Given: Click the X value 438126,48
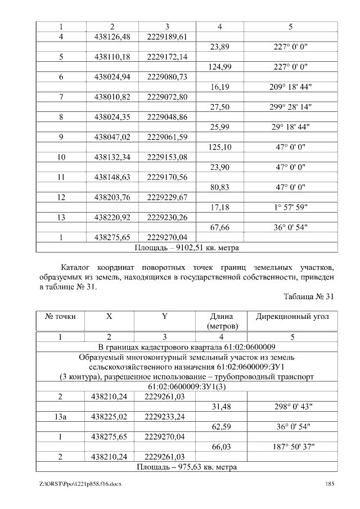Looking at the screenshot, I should [x=112, y=37].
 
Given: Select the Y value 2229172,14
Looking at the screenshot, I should [x=166, y=57].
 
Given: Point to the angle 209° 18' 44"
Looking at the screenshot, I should [x=292, y=87].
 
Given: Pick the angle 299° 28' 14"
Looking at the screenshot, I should [x=292, y=107].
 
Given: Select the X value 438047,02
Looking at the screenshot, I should [x=112, y=137].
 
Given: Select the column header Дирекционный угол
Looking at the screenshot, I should [x=292, y=317].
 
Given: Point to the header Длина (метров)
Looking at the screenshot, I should [x=221, y=321].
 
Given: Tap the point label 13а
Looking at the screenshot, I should [x=60, y=417].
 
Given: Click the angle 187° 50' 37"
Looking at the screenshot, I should [x=292, y=447].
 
